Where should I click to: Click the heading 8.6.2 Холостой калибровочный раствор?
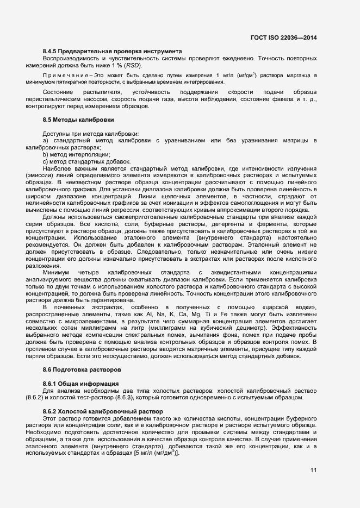coord(102,411)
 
